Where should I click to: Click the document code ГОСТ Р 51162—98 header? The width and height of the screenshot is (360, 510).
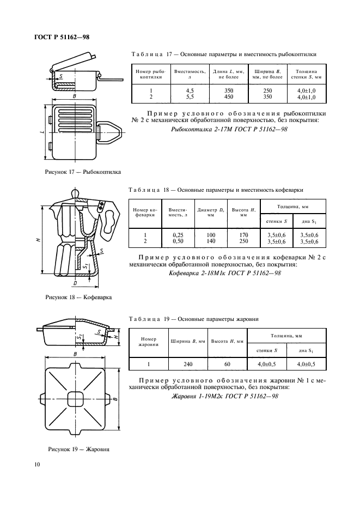(57, 36)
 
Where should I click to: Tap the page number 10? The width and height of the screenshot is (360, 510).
(36, 464)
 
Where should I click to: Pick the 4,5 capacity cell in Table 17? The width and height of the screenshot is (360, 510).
(190, 90)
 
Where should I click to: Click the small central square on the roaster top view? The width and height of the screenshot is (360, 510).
(75, 395)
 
